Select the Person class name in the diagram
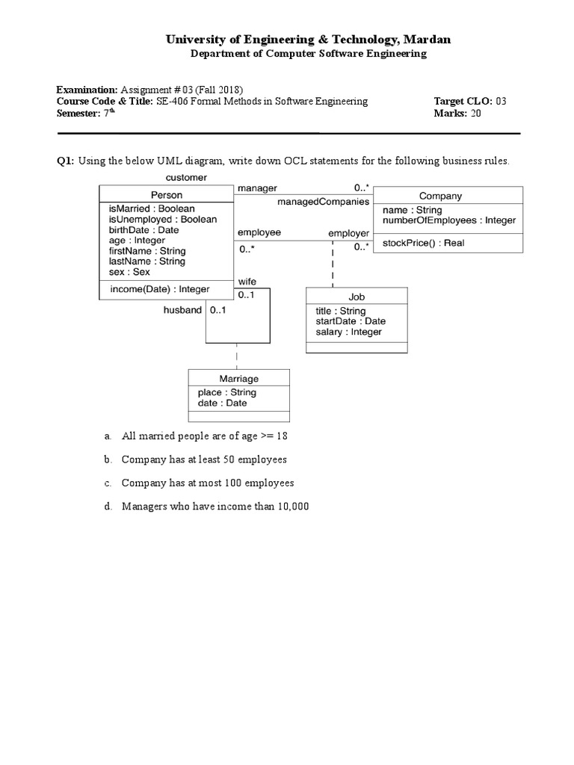point(166,195)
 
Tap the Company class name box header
point(440,196)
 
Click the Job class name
point(357,297)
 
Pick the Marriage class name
point(238,379)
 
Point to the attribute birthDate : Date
point(143,230)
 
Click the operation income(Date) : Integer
point(159,289)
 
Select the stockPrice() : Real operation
point(422,243)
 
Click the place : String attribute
point(226,392)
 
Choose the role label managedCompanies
point(323,202)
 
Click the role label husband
point(182,309)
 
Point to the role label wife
point(247,281)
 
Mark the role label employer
point(348,234)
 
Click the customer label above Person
point(186,177)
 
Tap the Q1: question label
point(65,161)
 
